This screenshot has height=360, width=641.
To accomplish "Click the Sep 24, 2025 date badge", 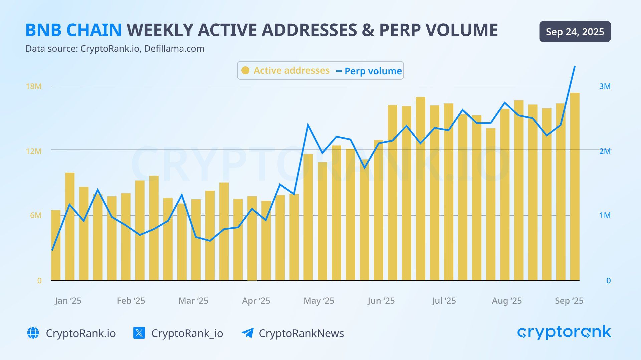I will (575, 32).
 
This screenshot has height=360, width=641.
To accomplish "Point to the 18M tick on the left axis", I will (34, 86).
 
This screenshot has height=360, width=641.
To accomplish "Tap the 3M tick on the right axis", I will (605, 86).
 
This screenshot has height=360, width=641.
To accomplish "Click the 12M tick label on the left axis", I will (34, 151).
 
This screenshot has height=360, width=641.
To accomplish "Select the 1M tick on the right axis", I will (605, 215).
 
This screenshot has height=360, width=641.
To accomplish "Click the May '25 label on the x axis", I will (318, 301).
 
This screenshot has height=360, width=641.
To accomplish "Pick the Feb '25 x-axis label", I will (131, 301).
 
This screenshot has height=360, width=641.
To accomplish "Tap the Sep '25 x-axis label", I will (569, 301).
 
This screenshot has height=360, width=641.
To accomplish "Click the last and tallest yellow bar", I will (575, 187).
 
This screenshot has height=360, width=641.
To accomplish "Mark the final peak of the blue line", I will (575, 67).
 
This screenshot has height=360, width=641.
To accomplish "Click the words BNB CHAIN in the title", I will (73, 30).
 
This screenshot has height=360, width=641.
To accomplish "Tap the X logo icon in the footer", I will (139, 333).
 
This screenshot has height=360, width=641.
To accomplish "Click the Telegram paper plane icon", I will (247, 333).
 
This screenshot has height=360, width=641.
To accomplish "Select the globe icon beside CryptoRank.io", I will (33, 333).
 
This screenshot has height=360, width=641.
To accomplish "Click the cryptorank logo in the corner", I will (564, 332).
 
